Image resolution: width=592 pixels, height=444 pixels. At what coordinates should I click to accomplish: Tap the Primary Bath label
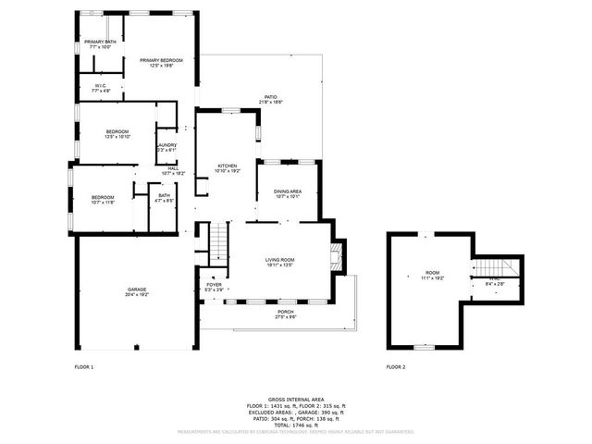pos(100,43)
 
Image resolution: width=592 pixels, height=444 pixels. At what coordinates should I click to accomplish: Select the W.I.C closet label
pos(101,89)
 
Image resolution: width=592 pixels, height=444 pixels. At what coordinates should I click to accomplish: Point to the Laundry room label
pos(166,147)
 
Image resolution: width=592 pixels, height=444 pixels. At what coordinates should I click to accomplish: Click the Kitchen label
pos(228,167)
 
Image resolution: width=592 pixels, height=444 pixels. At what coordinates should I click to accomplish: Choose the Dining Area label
pos(287,193)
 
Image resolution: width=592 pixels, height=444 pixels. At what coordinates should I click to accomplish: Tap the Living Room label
pos(280,262)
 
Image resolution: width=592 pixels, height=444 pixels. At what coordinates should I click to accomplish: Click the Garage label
pos(137,291)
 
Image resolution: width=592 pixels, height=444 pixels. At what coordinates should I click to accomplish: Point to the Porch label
pos(286,314)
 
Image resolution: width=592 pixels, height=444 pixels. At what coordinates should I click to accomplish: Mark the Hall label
pos(173,170)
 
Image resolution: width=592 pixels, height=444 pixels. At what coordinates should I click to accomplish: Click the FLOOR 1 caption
pos(84,367)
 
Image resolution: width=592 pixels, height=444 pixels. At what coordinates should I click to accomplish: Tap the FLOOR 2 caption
pos(396,367)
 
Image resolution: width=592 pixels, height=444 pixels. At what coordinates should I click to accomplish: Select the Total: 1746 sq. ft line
pos(295,423)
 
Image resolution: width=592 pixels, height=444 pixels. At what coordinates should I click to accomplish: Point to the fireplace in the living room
pos(338,255)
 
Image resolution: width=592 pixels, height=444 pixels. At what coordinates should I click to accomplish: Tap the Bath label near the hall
pos(164,197)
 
